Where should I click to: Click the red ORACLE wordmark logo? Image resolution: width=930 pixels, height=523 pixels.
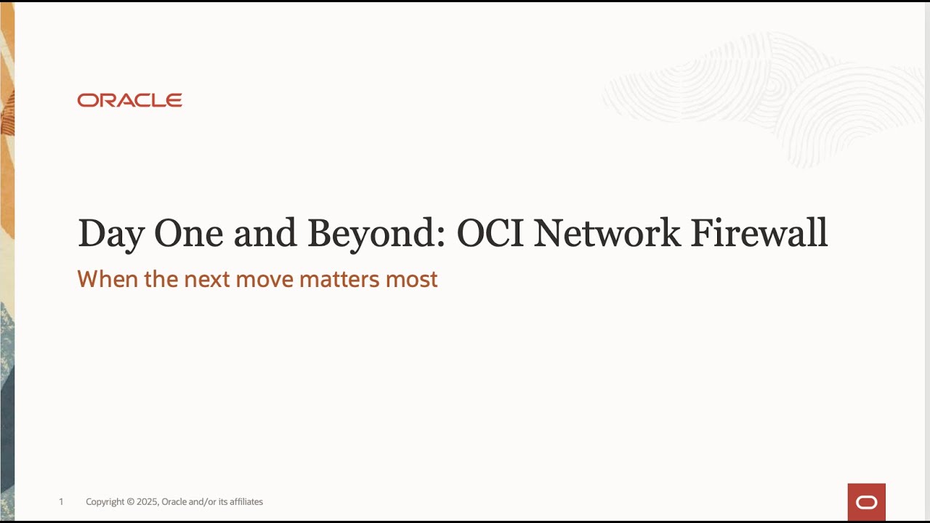pyautogui.click(x=129, y=100)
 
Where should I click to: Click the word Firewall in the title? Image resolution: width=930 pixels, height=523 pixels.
pyautogui.click(x=759, y=233)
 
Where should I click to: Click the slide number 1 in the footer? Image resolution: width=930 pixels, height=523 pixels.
pyautogui.click(x=61, y=502)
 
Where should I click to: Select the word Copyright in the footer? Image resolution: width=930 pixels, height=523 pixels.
pyautogui.click(x=105, y=502)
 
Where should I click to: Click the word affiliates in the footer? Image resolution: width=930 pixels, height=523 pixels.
pyautogui.click(x=246, y=502)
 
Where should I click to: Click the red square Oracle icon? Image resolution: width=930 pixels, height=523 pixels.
pyautogui.click(x=866, y=502)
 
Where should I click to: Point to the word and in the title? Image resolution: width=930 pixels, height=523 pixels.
pyautogui.click(x=267, y=234)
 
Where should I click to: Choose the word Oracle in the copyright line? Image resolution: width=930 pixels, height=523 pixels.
pyautogui.click(x=174, y=502)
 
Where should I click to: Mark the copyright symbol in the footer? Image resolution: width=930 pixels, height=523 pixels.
pyautogui.click(x=131, y=502)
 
